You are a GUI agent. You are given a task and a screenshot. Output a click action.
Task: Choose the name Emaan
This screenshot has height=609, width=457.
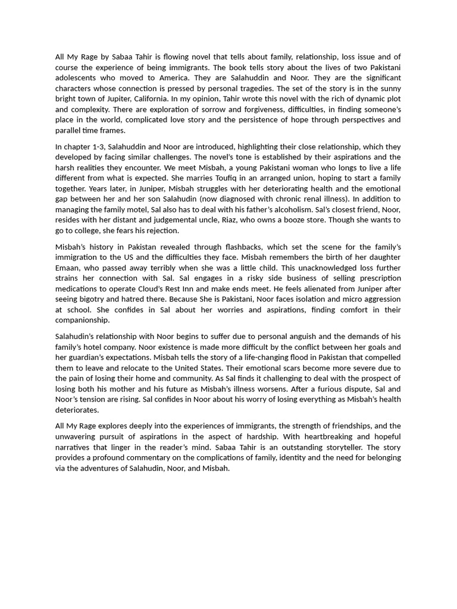pyautogui.click(x=68, y=268)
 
